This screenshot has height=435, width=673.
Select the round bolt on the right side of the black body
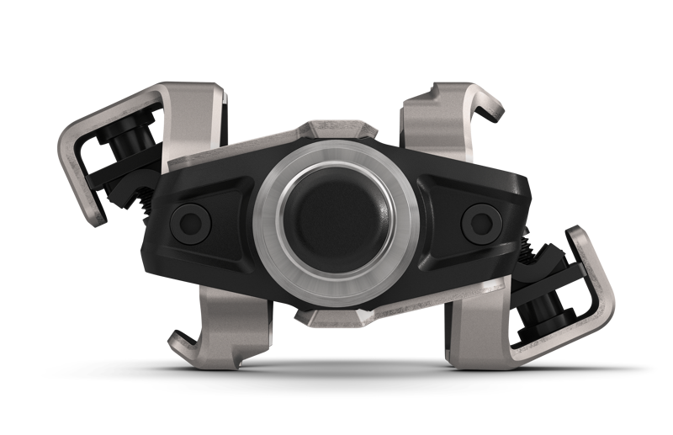[480, 220]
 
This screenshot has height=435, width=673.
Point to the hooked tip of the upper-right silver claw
[495, 108]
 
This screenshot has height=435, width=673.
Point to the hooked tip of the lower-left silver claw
[179, 341]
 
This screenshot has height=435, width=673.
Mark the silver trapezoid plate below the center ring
[336, 315]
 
